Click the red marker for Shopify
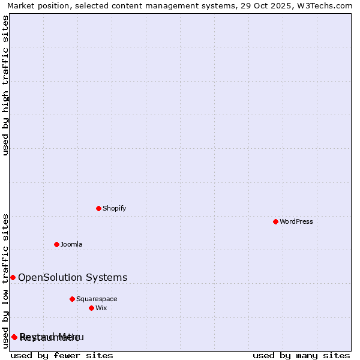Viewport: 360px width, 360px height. pos(98,208)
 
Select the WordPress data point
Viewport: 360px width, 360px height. pos(275,221)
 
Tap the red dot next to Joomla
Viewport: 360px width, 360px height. pos(56,244)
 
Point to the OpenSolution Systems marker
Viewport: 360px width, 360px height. pos(13,277)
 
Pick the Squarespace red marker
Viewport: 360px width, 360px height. pos(72,299)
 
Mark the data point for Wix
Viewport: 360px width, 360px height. pos(91,308)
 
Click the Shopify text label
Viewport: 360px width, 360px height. pos(114,208)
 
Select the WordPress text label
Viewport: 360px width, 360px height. pos(296,221)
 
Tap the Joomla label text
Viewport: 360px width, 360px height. pos(71,244)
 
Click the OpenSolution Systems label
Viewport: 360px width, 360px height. pos(73,277)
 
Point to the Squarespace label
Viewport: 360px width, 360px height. pos(97,299)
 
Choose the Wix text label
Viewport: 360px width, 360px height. pos(101,308)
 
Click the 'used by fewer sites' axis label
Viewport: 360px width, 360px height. pos(62,355)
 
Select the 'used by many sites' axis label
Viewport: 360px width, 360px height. pos(301,355)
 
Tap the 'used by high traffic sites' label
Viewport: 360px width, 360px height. pos(6,85)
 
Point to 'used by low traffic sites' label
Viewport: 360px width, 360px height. pos(6,280)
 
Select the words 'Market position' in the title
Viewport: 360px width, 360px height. pos(36,5)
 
